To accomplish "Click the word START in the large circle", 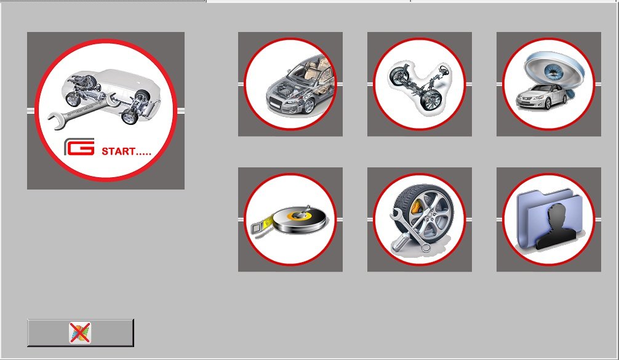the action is click(118, 151).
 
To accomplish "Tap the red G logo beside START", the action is click(79, 147).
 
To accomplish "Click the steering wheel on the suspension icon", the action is click(444, 71).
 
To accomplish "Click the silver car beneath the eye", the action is click(542, 97).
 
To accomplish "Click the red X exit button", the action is click(81, 333).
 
